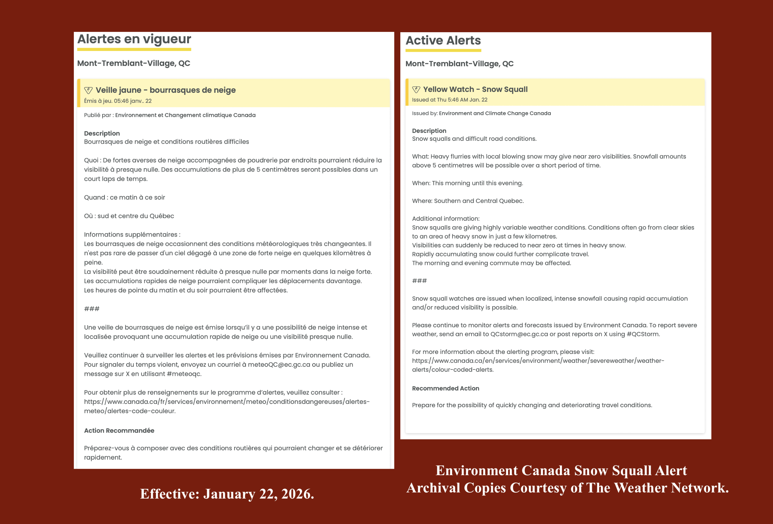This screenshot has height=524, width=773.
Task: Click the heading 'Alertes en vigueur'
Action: (134, 39)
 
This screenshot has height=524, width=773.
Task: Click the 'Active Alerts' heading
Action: (443, 41)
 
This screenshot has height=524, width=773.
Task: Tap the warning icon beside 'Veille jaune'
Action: (88, 90)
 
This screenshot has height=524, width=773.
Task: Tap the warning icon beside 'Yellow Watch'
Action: (416, 90)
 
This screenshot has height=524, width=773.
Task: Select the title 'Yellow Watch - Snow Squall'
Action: (475, 90)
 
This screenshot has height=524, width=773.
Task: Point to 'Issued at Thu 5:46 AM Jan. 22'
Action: (449, 100)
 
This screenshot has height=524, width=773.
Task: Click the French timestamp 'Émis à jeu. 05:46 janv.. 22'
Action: (118, 101)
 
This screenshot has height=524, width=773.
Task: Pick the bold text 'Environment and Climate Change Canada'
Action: (495, 113)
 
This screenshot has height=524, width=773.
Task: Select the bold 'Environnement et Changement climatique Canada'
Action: (185, 115)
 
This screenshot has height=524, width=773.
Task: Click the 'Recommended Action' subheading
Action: (445, 388)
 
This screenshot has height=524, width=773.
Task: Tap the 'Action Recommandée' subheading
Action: (119, 431)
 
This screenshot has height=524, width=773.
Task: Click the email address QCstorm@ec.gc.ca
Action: (519, 334)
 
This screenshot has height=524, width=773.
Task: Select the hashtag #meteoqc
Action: (184, 374)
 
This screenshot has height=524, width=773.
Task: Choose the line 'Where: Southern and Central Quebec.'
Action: (468, 201)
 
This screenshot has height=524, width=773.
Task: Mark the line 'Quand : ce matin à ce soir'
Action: (124, 198)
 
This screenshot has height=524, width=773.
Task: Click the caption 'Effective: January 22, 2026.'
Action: (227, 494)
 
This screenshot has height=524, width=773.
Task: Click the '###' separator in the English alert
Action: (419, 281)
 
